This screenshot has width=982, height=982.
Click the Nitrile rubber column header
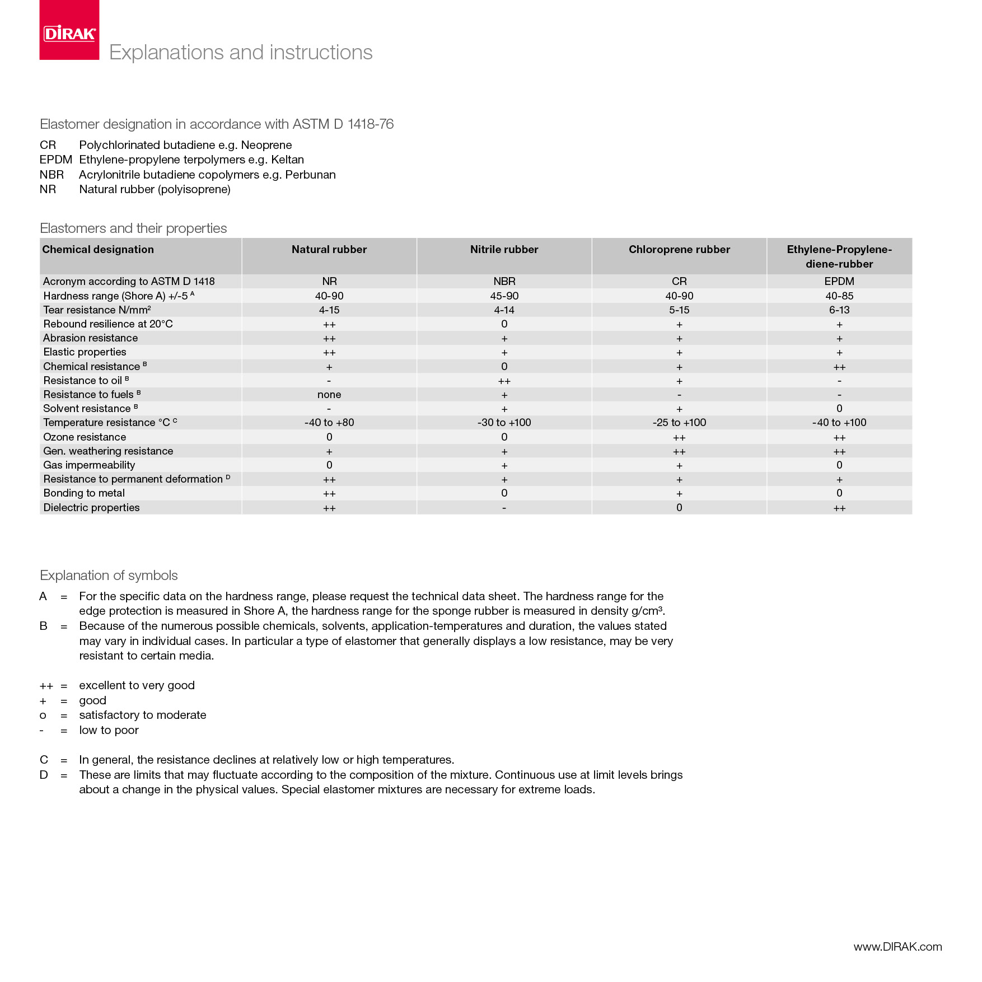click(504, 250)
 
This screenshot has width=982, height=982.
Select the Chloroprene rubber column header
click(679, 250)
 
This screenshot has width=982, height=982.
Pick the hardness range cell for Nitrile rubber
click(504, 296)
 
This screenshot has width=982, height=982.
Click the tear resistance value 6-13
click(839, 310)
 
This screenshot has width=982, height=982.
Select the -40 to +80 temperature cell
click(329, 423)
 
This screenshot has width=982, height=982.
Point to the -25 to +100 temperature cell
click(679, 423)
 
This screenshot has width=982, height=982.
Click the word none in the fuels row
click(329, 395)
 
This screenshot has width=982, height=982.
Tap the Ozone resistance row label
click(85, 437)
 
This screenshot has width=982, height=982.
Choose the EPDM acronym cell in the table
click(839, 282)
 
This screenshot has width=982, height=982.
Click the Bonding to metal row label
click(84, 493)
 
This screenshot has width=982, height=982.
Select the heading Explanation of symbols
click(109, 576)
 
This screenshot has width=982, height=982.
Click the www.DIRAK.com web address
click(897, 947)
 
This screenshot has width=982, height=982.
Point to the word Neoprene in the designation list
click(266, 145)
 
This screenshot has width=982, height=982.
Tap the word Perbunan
click(310, 175)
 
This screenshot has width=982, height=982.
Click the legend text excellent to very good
click(137, 686)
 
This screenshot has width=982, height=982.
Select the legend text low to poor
click(109, 731)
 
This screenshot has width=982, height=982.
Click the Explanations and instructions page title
click(241, 53)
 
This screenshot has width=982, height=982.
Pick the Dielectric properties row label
click(91, 508)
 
